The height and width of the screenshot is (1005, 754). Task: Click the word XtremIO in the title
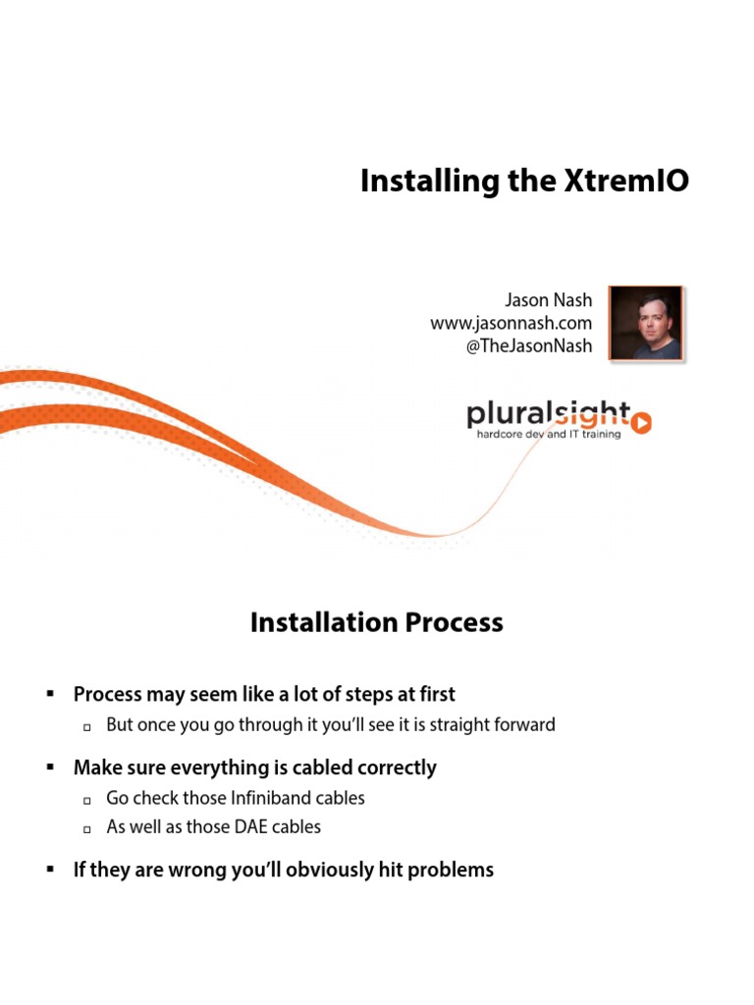point(629,183)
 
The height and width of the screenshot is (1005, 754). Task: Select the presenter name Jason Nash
point(548,298)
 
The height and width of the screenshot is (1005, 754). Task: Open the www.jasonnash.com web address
point(511,323)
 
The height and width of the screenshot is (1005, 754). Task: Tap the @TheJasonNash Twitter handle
point(529,346)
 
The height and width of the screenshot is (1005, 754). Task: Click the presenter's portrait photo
point(645,323)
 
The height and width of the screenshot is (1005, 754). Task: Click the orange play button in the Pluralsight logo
point(640,422)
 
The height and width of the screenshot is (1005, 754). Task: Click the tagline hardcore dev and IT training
point(548,435)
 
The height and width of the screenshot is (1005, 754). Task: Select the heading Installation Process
point(377,623)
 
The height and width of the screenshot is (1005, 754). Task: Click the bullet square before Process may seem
point(49,694)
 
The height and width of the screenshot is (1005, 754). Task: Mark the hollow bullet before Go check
point(86,800)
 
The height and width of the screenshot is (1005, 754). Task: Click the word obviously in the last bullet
point(327,870)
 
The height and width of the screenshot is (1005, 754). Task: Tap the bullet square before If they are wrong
point(49,870)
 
